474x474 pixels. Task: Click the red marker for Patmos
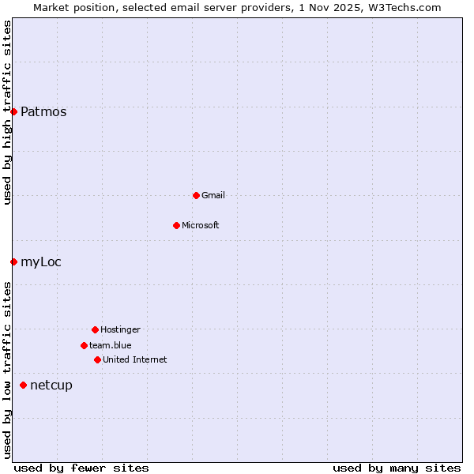coord(13,111)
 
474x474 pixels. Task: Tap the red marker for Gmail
coord(196,195)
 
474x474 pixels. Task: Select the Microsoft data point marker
coord(176,225)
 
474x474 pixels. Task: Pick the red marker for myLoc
coord(13,261)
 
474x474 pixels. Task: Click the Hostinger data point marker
coord(95,329)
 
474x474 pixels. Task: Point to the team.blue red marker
coord(84,345)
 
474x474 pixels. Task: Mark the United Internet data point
coord(97,359)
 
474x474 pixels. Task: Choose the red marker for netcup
coord(23,385)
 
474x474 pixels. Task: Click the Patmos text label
coord(43,112)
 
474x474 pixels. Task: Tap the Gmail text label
coord(213,196)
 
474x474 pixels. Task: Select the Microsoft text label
coord(201,226)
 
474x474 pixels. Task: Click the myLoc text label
coord(41,262)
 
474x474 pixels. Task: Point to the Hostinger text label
coord(120,330)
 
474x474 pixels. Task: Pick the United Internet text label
coord(135,360)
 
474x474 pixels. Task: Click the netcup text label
coord(51,386)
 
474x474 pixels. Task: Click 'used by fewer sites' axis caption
coord(81,468)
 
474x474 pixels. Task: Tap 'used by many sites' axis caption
coord(397,468)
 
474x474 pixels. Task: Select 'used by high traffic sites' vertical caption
coord(7,112)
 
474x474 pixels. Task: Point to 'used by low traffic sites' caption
coord(7,370)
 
